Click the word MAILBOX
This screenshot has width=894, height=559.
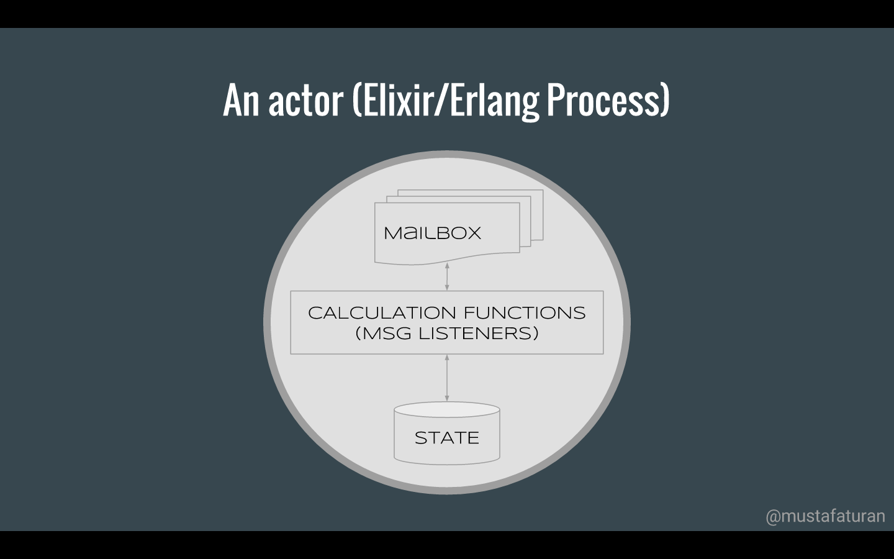(x=433, y=233)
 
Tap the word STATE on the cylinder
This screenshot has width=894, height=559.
(x=447, y=438)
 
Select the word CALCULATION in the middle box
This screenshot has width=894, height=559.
(x=382, y=313)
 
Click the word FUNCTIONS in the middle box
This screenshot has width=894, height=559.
(x=525, y=313)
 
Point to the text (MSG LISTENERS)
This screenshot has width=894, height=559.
(x=447, y=334)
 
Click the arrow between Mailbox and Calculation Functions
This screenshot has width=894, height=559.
(x=447, y=276)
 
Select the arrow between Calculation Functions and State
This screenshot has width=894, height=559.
(x=447, y=378)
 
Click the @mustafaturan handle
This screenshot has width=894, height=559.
(x=825, y=516)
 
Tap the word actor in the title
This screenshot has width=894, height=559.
(x=305, y=100)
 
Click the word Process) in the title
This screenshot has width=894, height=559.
(x=608, y=100)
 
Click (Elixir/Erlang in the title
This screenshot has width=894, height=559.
(x=446, y=101)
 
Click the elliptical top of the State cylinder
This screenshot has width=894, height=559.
(x=447, y=409)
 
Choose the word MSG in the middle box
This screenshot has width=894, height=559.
(x=386, y=334)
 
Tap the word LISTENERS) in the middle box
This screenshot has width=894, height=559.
(x=479, y=334)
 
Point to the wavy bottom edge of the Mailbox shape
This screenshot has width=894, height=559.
(x=447, y=259)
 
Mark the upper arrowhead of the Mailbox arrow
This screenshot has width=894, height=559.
(x=447, y=265)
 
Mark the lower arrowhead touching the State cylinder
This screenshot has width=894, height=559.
(x=447, y=399)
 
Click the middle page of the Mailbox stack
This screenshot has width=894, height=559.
(x=525, y=221)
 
